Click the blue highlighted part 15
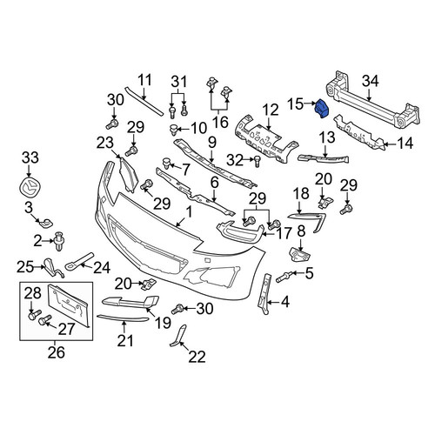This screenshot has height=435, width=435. pos(321,109)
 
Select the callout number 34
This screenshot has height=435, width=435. pos(371,81)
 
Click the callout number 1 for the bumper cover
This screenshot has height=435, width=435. pos(189,212)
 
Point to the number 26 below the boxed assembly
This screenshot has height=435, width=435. pos(57,352)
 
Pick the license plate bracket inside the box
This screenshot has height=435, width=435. pos(69,305)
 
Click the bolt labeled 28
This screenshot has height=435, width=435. pos(35,314)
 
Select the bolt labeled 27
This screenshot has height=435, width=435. pos(45,319)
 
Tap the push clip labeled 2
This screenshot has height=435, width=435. pos(59,241)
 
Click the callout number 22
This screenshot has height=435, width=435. pos(197,357)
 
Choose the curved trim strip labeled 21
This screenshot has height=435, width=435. pos(123,318)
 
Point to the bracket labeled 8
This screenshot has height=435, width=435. pos(300,254)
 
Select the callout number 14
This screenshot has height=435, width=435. pos(405,143)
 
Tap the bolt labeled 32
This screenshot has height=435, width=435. pos(256,161)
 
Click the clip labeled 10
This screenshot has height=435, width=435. pos(174,130)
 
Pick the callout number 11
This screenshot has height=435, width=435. pos(144,80)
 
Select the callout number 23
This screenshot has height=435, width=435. pos(105,144)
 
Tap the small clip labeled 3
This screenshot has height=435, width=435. pos(46,223)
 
